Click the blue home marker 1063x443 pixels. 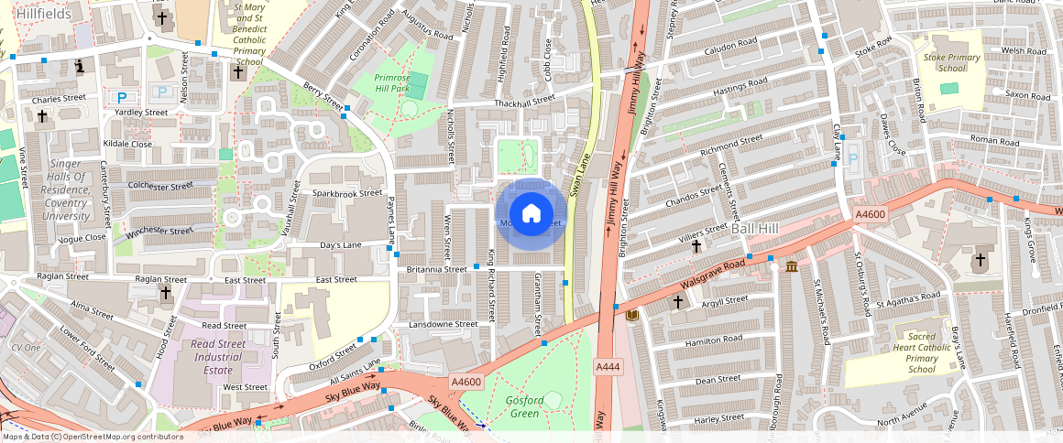tap(531, 214)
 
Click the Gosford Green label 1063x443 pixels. tap(525, 406)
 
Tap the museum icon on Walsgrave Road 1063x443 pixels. tap(791, 266)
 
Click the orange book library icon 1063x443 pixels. tap(632, 315)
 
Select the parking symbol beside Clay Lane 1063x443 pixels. tap(853, 159)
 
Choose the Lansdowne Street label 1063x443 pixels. tap(444, 324)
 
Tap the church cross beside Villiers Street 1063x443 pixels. tap(696, 246)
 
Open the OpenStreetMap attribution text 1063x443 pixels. tap(92, 437)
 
